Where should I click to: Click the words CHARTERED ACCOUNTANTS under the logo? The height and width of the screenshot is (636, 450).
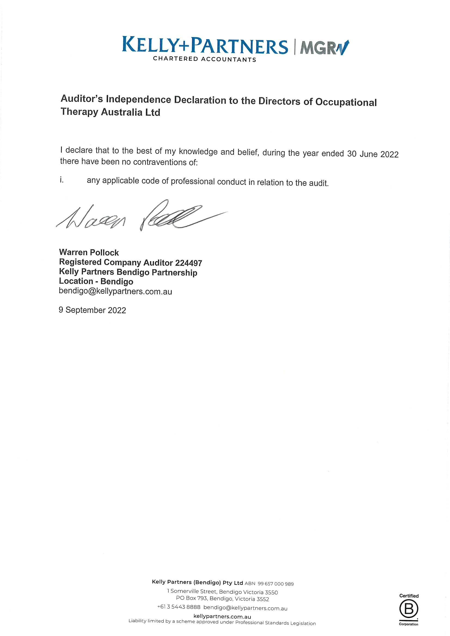click(x=204, y=59)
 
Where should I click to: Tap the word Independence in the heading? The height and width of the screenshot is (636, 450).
click(x=138, y=99)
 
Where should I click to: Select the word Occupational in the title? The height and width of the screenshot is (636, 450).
click(x=346, y=102)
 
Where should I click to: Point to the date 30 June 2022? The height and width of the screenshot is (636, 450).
click(x=373, y=154)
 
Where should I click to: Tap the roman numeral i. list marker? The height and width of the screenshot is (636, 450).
click(x=62, y=180)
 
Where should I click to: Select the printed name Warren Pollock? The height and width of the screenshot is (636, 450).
click(x=89, y=252)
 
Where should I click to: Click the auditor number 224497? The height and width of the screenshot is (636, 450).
click(x=188, y=263)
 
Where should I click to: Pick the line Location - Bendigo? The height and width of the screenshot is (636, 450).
click(x=96, y=281)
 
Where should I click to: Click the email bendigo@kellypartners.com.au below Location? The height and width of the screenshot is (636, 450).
click(x=115, y=291)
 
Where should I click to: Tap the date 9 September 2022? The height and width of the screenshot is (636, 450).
click(x=92, y=310)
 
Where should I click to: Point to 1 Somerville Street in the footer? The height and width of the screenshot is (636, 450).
click(x=193, y=591)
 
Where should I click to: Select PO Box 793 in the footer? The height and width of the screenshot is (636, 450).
click(x=191, y=598)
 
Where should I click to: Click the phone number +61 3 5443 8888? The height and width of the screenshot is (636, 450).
click(x=179, y=607)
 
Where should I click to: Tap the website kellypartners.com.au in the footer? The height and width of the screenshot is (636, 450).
click(x=222, y=617)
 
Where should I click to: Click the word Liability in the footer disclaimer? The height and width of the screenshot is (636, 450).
click(x=137, y=621)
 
